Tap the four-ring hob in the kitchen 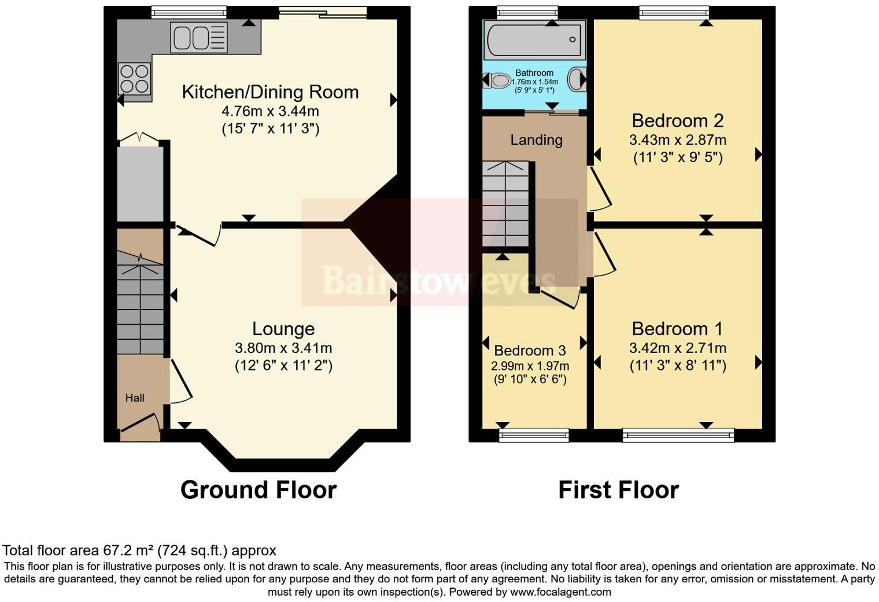(134, 79)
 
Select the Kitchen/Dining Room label (270, 92)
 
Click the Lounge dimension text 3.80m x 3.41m (283, 348)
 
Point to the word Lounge (283, 329)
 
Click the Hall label (135, 398)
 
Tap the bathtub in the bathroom (534, 40)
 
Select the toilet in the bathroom (497, 80)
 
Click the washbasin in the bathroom (577, 79)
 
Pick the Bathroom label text (534, 73)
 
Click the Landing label (536, 140)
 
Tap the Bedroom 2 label (677, 121)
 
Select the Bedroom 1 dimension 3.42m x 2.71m (677, 348)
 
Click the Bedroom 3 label (530, 350)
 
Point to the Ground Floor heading (258, 490)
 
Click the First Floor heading (618, 490)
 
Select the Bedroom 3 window (534, 435)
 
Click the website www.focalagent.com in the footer (560, 592)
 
